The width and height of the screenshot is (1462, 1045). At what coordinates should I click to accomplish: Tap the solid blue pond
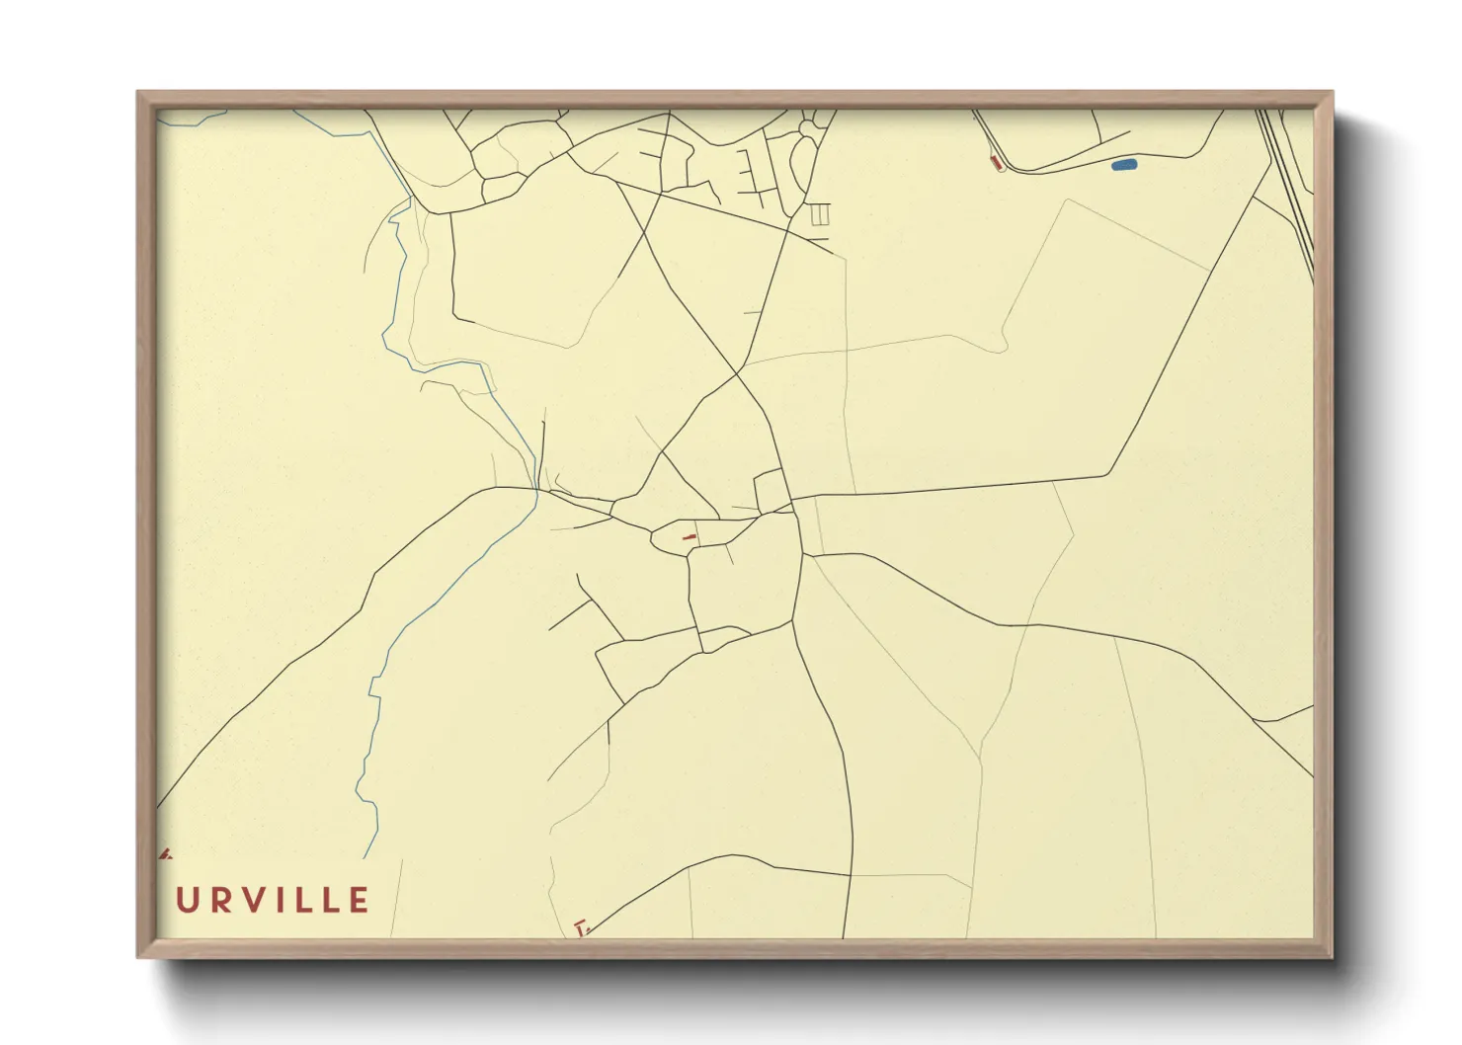[1124, 165]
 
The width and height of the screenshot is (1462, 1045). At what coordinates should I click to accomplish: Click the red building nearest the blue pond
[996, 162]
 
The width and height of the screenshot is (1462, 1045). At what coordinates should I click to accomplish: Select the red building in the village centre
[690, 536]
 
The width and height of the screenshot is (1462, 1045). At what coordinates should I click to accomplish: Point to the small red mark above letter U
[164, 851]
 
